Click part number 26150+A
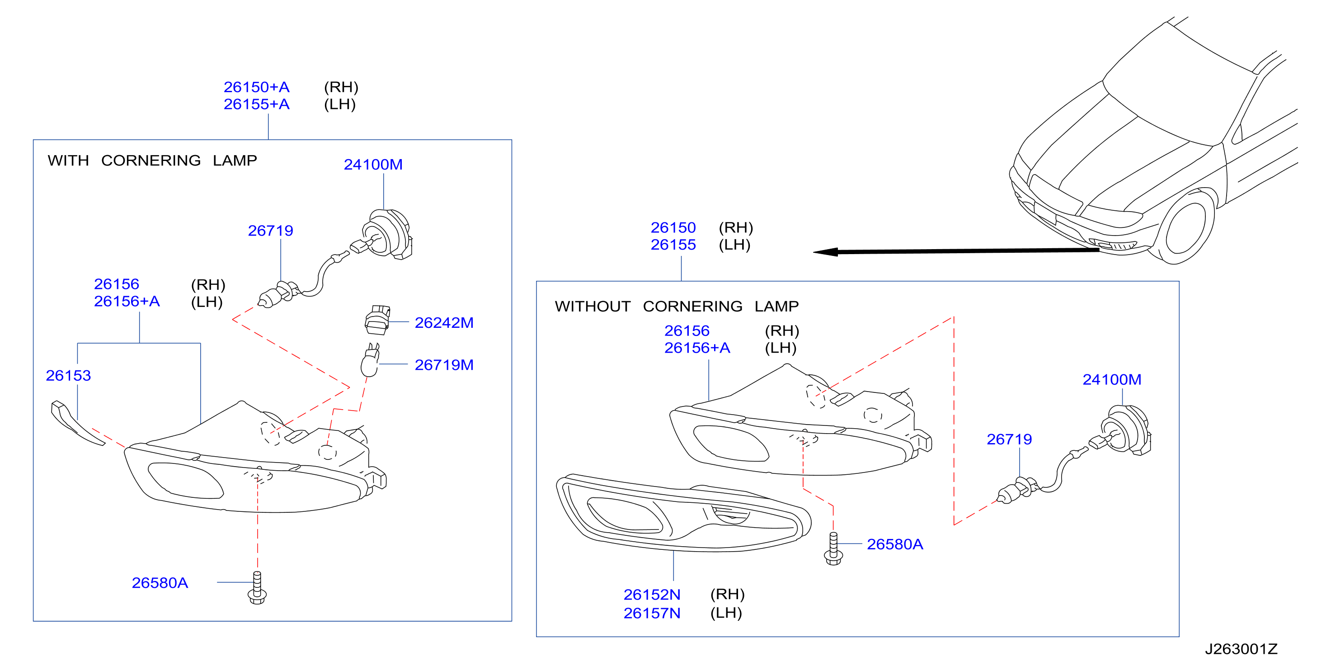click(256, 87)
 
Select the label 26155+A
click(256, 104)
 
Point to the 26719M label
click(444, 365)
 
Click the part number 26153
click(68, 375)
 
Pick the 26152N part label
click(652, 595)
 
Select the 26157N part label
click(652, 613)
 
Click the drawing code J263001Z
click(1241, 649)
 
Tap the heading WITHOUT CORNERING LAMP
click(677, 306)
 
